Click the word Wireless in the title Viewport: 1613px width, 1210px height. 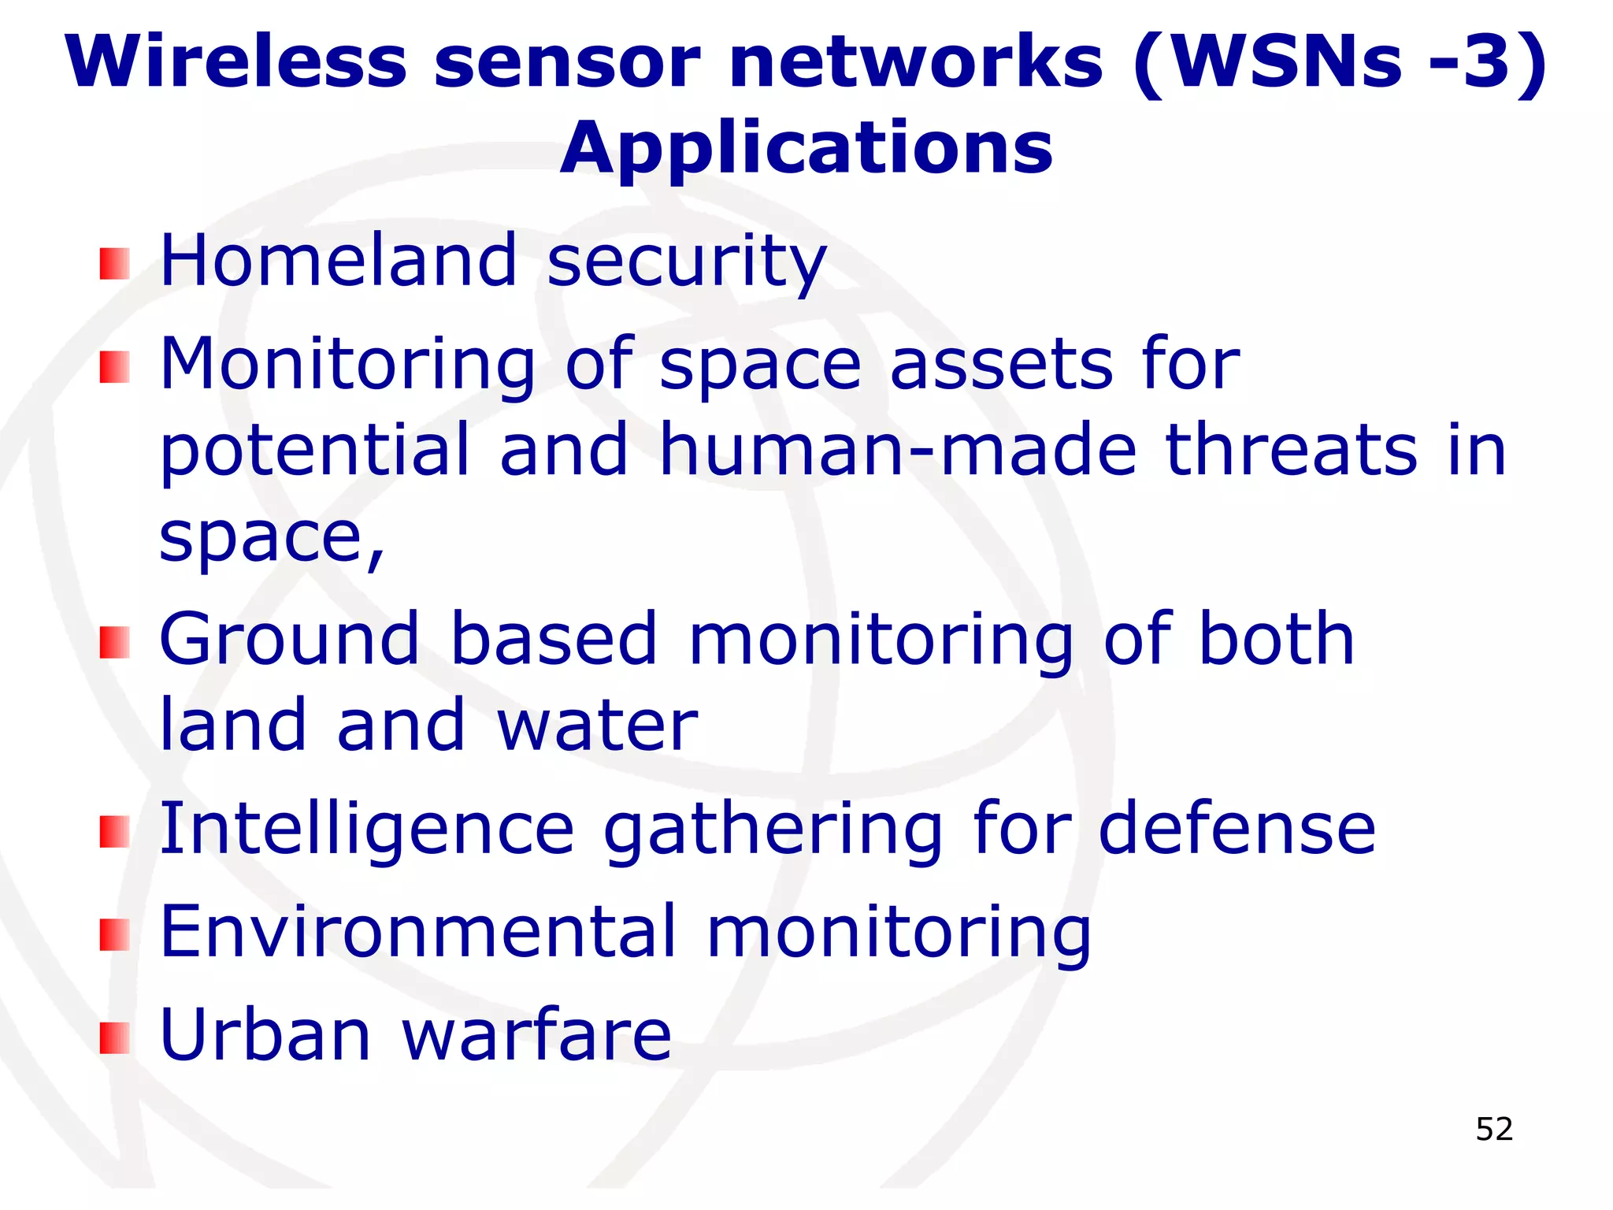236,62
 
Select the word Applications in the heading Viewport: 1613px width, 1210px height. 806,150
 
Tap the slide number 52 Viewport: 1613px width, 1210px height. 1494,1129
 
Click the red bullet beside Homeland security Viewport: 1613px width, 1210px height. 114,264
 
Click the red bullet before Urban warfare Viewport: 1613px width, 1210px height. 114,1037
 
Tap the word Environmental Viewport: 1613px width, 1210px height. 417,931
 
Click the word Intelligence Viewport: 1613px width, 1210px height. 367,829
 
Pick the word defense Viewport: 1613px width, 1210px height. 1237,829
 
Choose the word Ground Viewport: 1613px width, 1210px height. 289,639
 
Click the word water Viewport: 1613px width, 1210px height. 597,726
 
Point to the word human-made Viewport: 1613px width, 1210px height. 898,450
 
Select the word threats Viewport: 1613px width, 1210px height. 1292,450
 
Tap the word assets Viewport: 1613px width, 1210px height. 1001,364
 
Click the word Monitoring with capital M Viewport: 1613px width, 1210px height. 347,366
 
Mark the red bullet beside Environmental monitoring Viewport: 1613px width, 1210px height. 114,935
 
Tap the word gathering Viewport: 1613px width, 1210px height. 773,830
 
